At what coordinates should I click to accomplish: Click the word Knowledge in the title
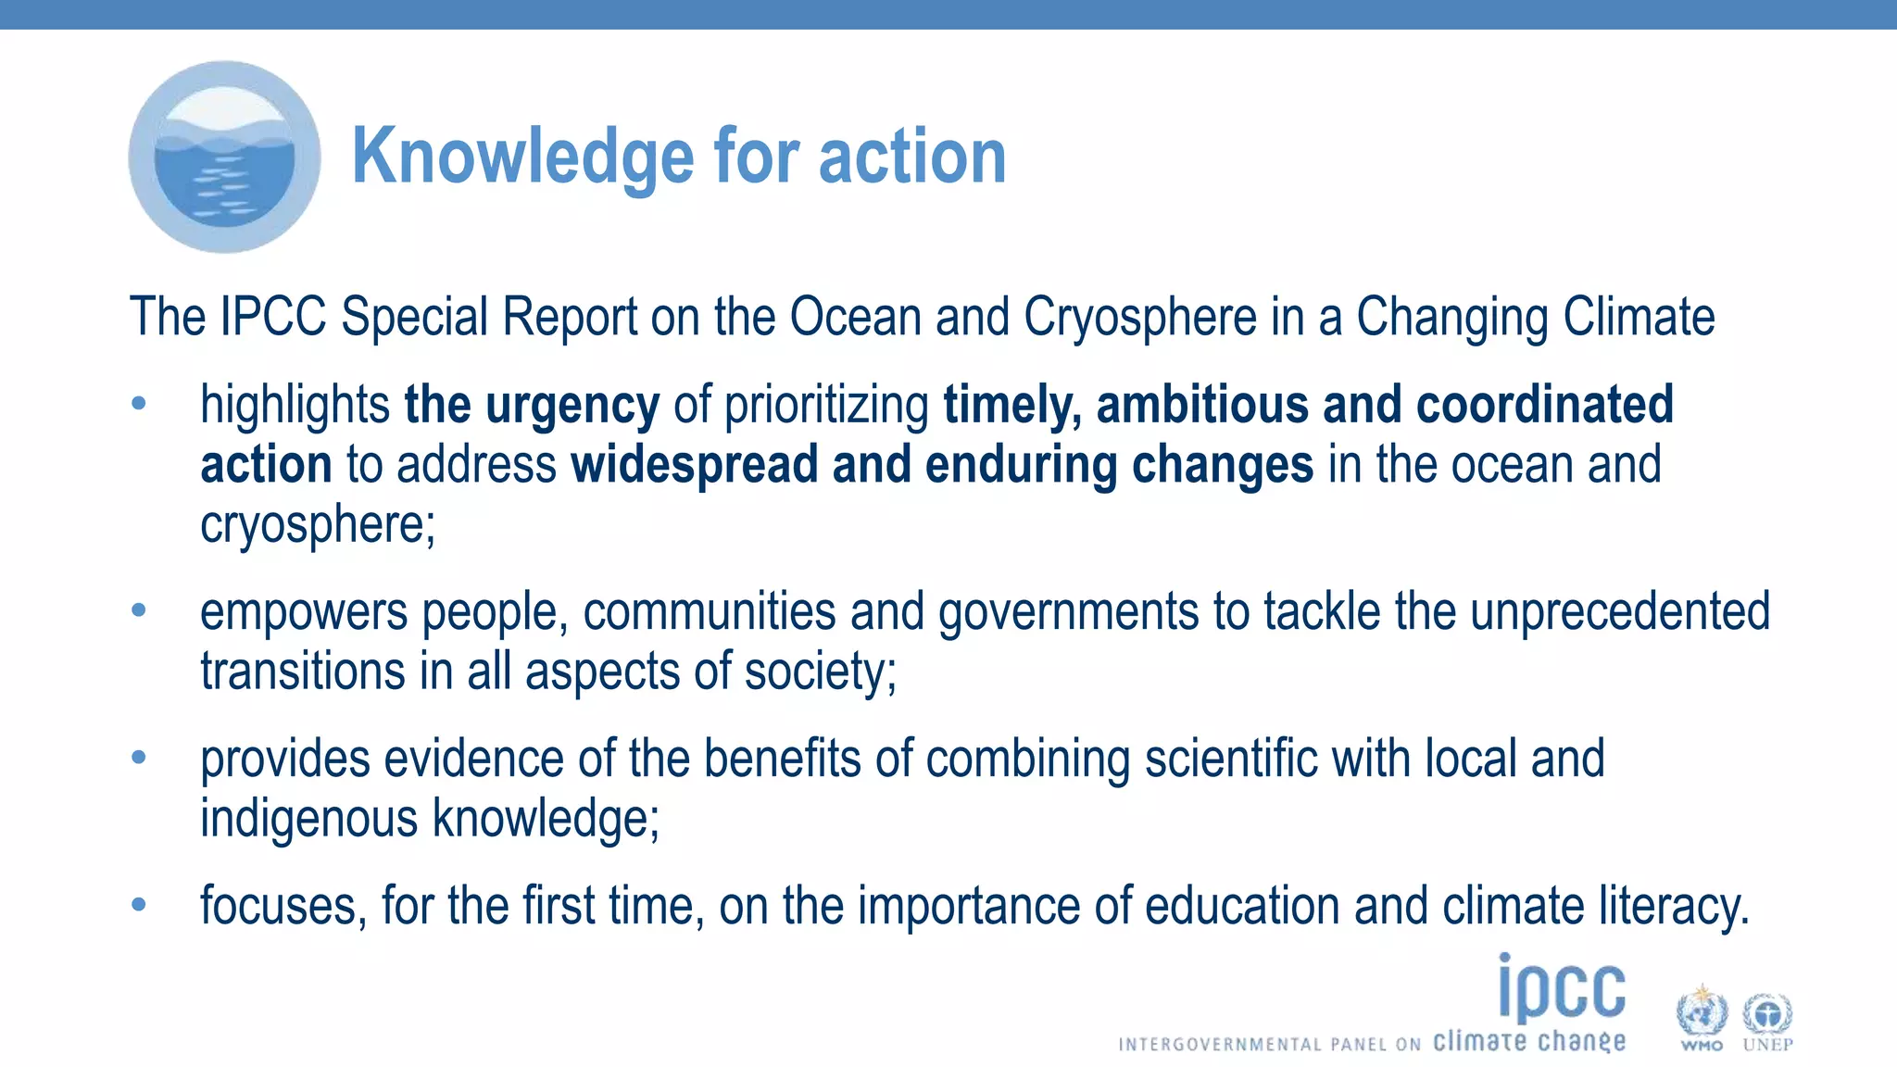[521, 157]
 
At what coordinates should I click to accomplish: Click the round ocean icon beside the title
[224, 157]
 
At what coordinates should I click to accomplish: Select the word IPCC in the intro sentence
[273, 318]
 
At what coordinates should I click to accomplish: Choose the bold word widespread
[694, 465]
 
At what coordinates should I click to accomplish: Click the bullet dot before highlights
[139, 404]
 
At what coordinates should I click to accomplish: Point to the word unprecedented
[1619, 612]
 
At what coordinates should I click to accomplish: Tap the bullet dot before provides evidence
[139, 758]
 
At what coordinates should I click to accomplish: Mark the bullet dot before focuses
[139, 904]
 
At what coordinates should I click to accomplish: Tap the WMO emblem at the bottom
[1702, 1017]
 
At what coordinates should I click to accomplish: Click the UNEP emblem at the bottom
[1767, 1017]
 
